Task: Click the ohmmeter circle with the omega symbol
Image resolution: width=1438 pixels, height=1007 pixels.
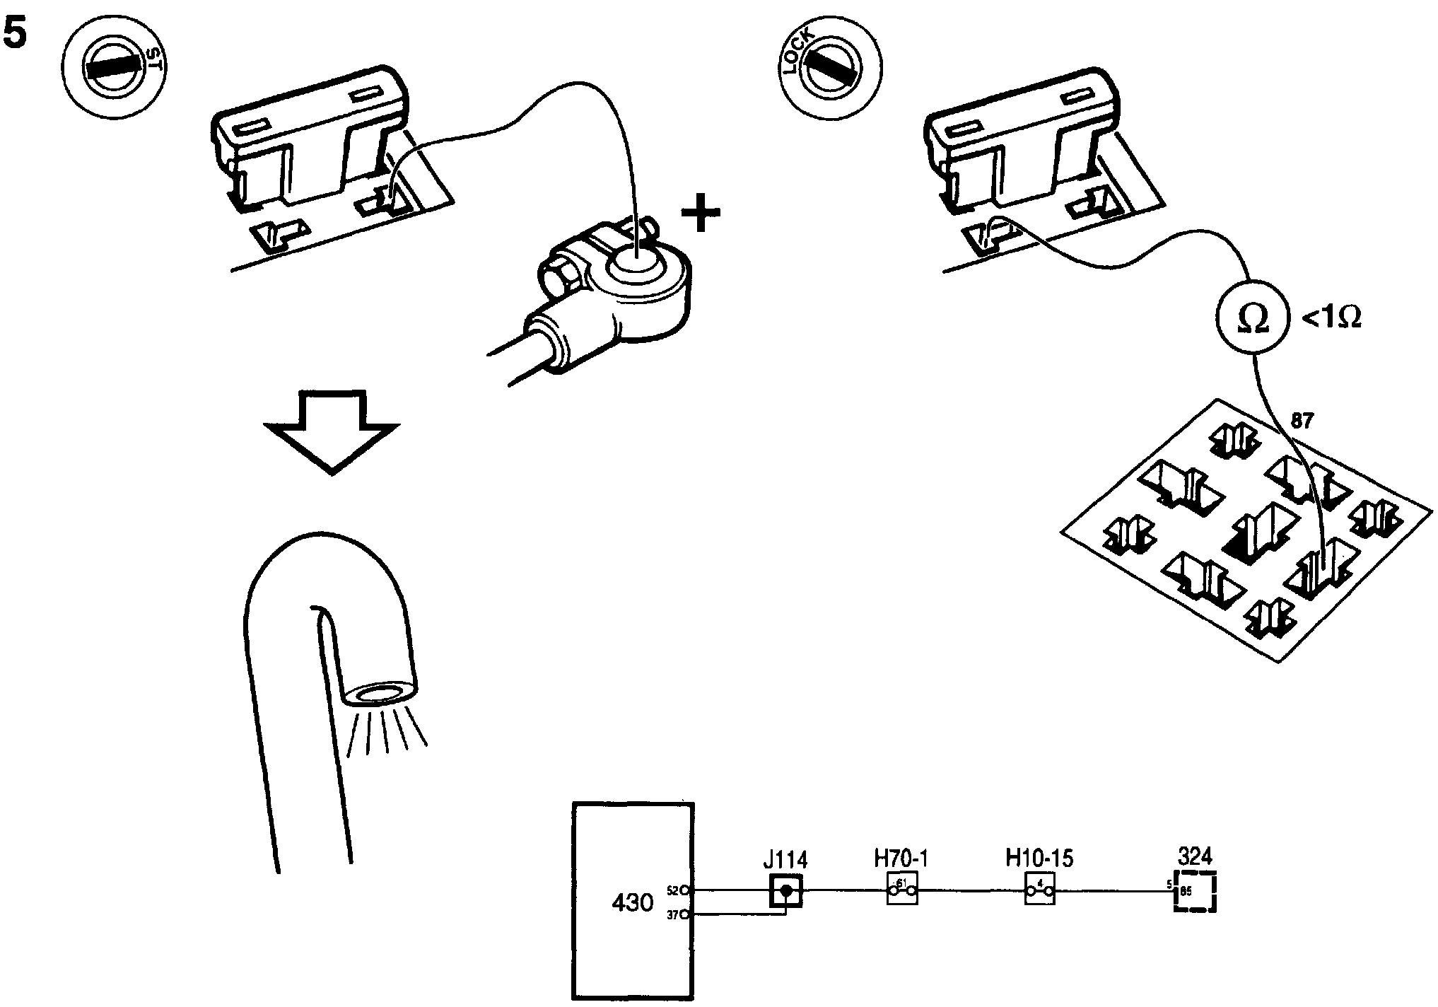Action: [1253, 320]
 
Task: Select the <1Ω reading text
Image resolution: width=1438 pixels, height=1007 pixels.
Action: [1331, 320]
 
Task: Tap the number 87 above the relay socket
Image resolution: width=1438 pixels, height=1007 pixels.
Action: [1301, 421]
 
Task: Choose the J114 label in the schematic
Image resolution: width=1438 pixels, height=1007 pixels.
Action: [785, 860]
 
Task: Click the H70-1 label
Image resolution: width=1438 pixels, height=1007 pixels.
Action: [901, 858]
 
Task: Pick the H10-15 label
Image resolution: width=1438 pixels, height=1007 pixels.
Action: [1039, 858]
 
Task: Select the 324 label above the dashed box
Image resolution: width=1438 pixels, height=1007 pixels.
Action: [1196, 856]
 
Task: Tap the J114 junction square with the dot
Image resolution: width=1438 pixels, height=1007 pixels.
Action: [786, 891]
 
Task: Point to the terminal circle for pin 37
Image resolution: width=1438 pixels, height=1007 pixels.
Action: [685, 915]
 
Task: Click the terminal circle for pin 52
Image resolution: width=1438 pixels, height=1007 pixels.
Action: [685, 890]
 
